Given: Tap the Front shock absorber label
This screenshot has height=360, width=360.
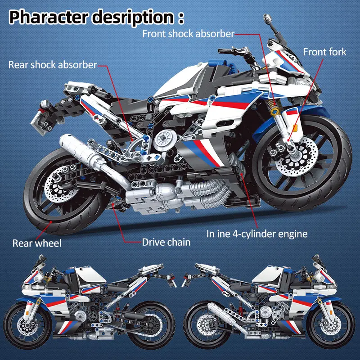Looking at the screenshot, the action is (x=188, y=34).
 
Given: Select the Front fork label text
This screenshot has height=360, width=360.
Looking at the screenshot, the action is (x=324, y=52).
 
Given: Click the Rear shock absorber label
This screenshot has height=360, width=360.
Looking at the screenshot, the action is (x=53, y=65).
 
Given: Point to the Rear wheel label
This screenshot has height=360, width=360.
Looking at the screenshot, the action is (x=37, y=243).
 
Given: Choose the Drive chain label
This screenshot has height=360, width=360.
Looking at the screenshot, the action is (x=166, y=242).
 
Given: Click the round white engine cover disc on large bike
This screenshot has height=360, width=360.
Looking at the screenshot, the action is (x=165, y=140).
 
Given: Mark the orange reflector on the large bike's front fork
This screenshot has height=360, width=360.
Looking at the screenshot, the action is (x=295, y=128).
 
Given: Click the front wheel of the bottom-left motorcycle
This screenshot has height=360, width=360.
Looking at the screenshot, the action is (x=27, y=325).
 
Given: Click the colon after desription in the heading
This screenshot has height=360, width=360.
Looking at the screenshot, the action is (x=181, y=18).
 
